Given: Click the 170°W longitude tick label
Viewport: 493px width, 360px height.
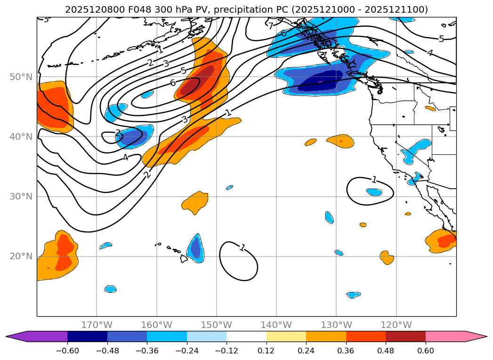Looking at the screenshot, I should pyautogui.click(x=97, y=325).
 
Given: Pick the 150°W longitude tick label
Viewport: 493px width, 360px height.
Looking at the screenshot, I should pyautogui.click(x=217, y=325).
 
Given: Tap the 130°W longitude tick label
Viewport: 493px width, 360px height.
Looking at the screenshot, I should pyautogui.click(x=336, y=325).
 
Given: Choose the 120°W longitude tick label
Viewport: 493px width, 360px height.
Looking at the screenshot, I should pyautogui.click(x=396, y=325).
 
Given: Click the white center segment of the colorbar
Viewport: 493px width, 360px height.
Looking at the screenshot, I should pyautogui.click(x=246, y=336).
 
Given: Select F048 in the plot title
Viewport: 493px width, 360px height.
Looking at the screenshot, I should pyautogui.click(x=131, y=9).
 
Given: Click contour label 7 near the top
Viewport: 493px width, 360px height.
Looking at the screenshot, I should pyautogui.click(x=271, y=26).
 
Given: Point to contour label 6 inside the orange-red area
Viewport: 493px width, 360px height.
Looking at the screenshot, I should pyautogui.click(x=173, y=83).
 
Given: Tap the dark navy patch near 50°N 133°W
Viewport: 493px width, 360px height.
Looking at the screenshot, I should pyautogui.click(x=320, y=81).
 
